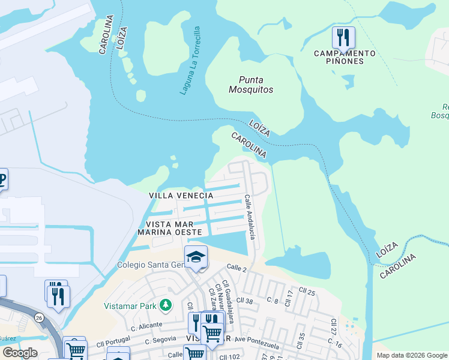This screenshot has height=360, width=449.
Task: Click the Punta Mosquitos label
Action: [251, 85]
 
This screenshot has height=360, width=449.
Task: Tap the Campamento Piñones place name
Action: [345, 58]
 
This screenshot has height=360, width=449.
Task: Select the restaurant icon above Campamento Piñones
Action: [343, 37]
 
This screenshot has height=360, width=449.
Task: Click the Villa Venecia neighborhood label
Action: [181, 196]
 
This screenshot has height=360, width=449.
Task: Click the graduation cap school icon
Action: [196, 257]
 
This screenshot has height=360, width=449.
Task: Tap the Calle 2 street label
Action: [237, 269]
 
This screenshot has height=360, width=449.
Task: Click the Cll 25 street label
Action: [306, 292]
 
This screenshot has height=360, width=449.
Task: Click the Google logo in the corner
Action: [20, 353]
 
